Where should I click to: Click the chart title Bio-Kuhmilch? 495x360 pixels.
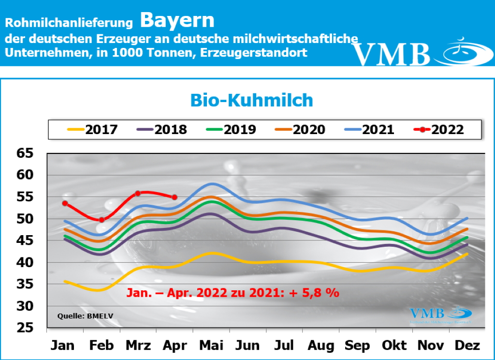[x=251, y=100]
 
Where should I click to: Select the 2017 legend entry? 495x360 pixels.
[x=92, y=130]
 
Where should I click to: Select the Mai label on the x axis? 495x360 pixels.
[x=211, y=345]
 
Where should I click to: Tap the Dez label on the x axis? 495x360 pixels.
[x=467, y=345]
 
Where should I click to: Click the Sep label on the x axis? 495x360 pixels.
[x=357, y=345]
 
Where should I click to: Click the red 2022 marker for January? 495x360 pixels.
[x=65, y=203]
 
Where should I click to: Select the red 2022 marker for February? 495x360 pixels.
[x=102, y=220]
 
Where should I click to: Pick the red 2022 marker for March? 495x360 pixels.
[x=138, y=193]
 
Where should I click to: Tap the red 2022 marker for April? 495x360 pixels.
[x=175, y=197]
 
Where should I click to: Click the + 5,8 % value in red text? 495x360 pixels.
[x=314, y=293]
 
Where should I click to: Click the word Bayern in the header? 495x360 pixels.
[x=177, y=20]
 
